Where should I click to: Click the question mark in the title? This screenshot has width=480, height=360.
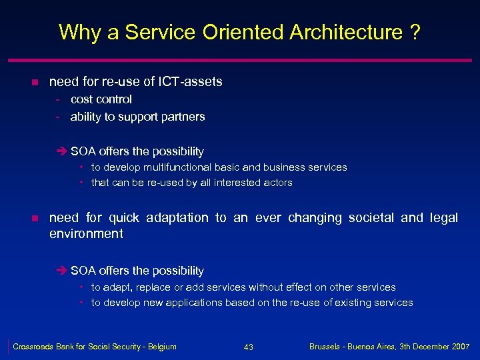tap(415, 32)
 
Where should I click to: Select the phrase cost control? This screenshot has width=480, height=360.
tap(101, 99)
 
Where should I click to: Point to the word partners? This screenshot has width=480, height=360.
tap(183, 117)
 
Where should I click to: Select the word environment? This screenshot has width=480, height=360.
tap(86, 234)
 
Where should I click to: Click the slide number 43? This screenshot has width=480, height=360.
tap(248, 347)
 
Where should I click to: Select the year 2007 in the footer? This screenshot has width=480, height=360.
tap(459, 347)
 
